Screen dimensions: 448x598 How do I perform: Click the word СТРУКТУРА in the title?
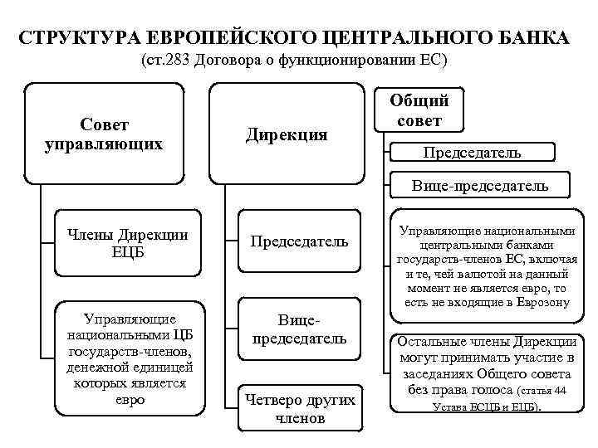79,39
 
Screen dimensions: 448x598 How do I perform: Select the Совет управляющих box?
104,134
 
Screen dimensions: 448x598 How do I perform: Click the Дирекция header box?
287,134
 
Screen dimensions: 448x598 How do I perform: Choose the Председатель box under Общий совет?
472,153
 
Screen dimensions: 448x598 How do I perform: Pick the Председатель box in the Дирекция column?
299,242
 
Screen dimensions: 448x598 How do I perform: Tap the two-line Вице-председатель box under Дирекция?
299,329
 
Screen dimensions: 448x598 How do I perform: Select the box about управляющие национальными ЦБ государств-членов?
120,358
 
